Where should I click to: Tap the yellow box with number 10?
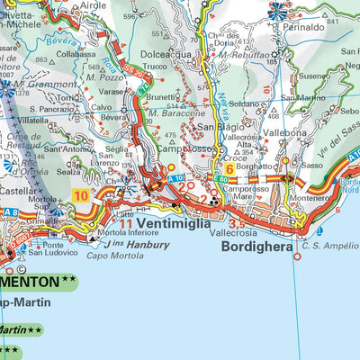coord(81,194)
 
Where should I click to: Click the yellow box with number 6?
coord(229,168)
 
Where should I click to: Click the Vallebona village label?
coord(287,131)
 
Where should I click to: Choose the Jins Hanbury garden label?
coord(135,244)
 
